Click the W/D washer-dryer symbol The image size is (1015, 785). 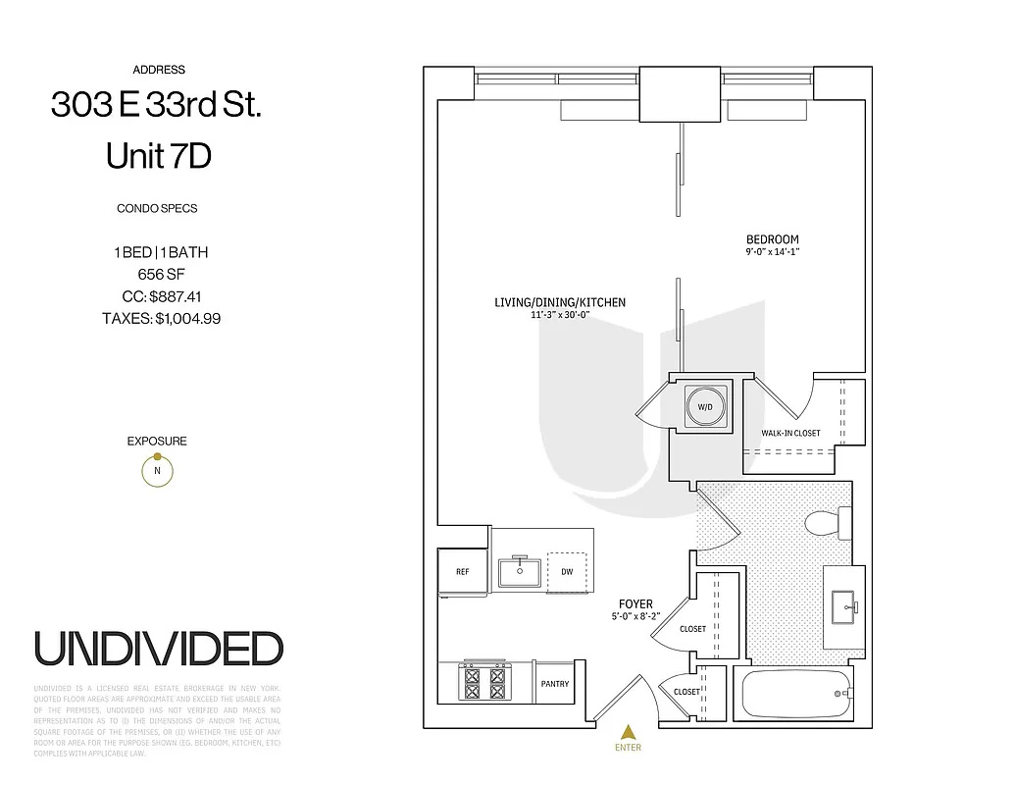point(704,405)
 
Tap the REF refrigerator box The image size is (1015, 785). point(462,571)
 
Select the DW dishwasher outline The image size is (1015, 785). point(566,571)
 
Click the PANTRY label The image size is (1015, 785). point(554,684)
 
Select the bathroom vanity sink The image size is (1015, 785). point(842,607)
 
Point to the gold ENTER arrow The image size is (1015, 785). point(628,731)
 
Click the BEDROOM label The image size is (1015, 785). point(772,239)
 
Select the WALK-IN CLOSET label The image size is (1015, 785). point(790,433)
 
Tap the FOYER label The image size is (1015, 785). point(635,604)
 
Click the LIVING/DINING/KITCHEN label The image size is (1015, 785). point(559,303)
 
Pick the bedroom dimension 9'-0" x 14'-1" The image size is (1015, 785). point(772,252)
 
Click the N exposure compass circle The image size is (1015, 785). point(157,471)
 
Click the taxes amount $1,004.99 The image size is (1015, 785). point(186,318)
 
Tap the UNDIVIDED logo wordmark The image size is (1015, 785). point(159,649)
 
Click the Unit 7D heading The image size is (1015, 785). point(158,156)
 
